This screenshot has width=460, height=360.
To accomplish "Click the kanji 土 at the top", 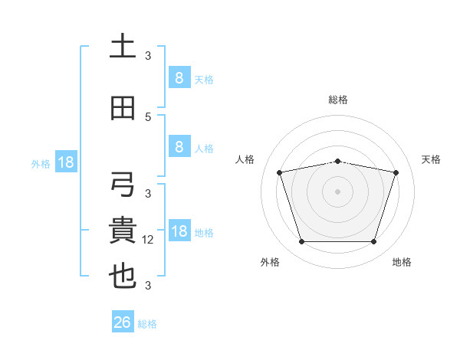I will tap(123, 47).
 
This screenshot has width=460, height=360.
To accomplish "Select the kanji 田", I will tap(123, 108).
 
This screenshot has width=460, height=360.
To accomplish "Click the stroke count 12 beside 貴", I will tap(149, 240).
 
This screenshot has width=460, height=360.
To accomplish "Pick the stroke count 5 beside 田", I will tap(148, 116).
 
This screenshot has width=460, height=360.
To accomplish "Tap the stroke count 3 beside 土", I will tap(148, 55).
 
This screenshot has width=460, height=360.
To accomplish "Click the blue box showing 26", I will tap(123, 322).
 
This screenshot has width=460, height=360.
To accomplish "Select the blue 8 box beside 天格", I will tap(179, 77).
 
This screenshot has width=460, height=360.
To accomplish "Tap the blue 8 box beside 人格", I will tap(179, 147).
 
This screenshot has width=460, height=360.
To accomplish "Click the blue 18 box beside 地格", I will tap(179, 231).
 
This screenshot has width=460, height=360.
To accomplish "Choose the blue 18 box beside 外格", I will tap(65, 162).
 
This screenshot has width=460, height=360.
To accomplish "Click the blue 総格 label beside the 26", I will tap(148, 324).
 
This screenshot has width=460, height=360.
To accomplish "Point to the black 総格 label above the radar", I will tap(338, 100).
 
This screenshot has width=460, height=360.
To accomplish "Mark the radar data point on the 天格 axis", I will tap(396, 172).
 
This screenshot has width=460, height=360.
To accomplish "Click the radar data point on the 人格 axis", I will tap(280, 172).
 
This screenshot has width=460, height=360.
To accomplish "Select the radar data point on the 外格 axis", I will tap(301, 242).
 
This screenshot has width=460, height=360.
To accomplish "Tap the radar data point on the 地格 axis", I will tap(374, 242).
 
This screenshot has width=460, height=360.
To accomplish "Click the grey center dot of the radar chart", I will tap(338, 191).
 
